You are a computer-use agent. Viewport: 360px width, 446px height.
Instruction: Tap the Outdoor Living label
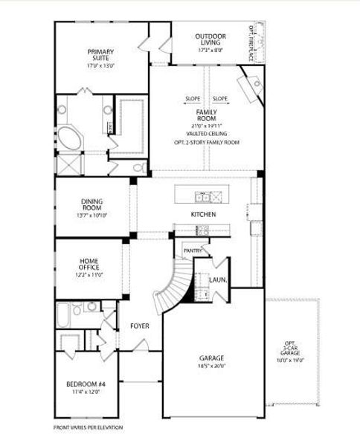(210, 39)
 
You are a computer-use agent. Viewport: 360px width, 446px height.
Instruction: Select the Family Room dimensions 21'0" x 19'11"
(206, 126)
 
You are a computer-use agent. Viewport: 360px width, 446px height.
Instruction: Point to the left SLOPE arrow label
(193, 99)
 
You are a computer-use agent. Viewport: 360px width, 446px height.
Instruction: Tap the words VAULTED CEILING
(206, 134)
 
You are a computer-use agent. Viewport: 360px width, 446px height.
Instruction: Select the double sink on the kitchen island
(205, 197)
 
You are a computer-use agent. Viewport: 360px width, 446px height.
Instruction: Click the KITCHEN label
(203, 214)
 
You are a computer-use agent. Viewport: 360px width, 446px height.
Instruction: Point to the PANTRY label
(193, 251)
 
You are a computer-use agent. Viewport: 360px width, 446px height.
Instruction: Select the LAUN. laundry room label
(218, 280)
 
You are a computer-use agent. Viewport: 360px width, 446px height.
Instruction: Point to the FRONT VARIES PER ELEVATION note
(88, 427)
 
